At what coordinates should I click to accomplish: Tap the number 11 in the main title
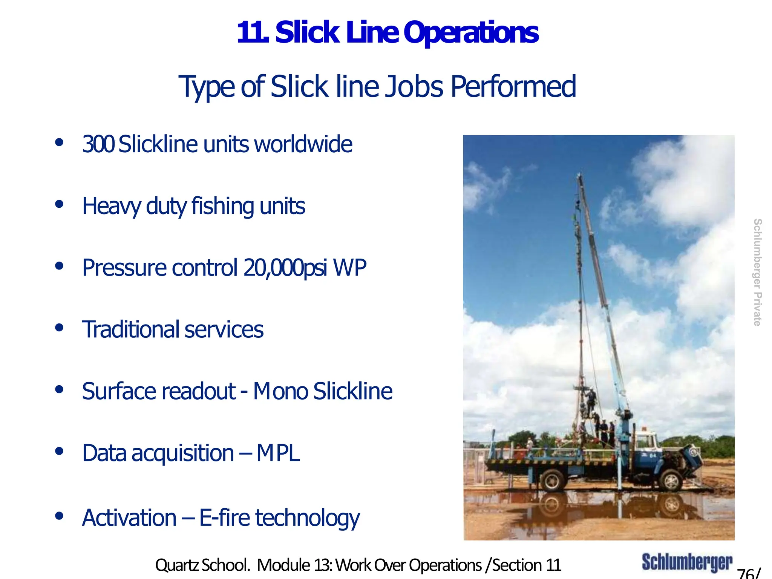coord(252,33)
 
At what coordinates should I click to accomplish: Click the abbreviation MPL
coord(278,453)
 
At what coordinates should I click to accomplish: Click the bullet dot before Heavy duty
coord(59,204)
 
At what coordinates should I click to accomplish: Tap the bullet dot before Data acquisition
coord(59,451)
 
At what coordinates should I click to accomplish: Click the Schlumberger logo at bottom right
coord(687,563)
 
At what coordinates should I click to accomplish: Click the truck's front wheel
coord(671,481)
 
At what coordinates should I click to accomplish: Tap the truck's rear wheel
coord(552,481)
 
